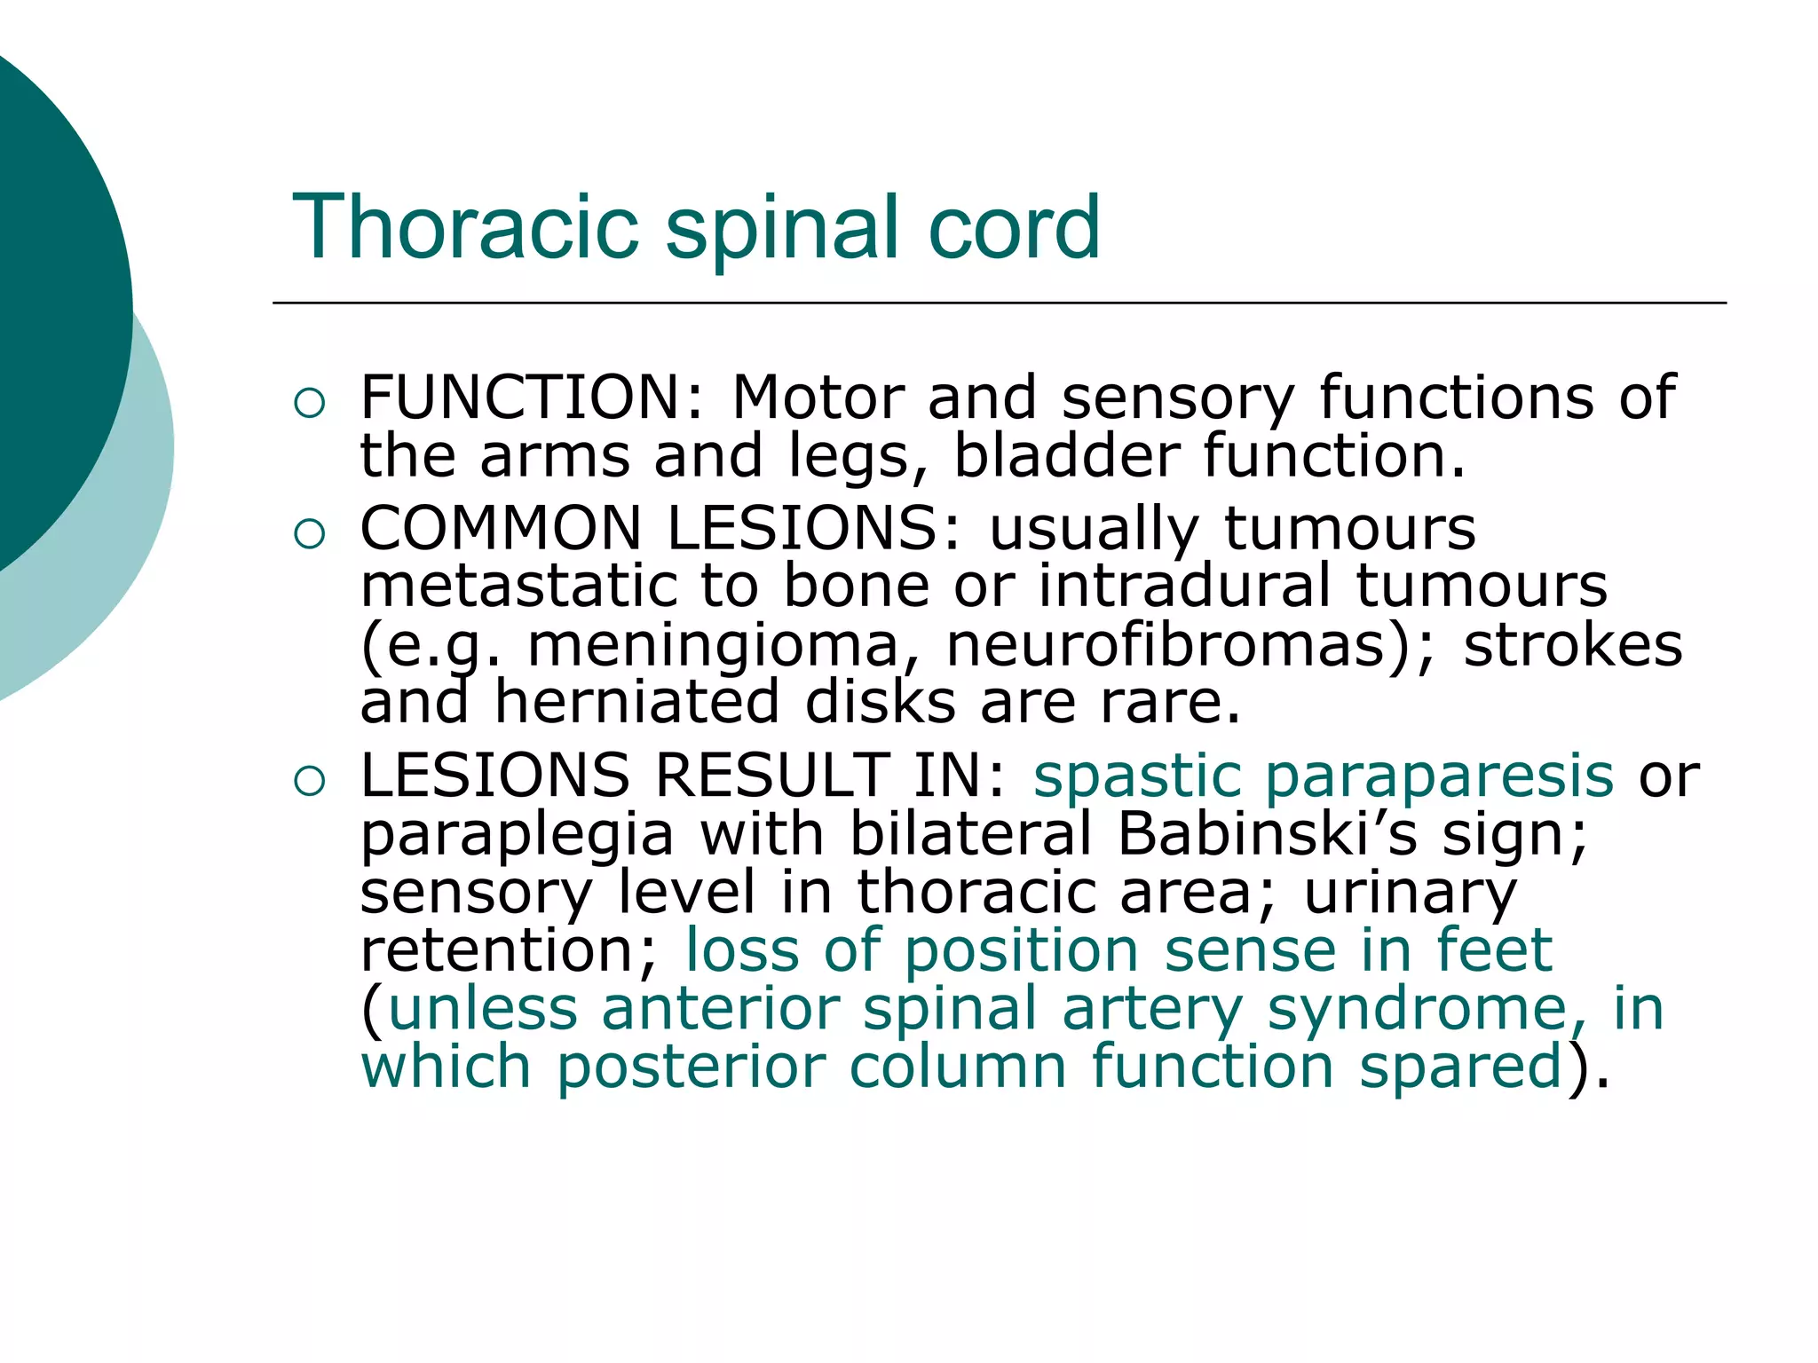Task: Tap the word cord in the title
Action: (x=1013, y=228)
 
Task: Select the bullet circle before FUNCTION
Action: (x=309, y=404)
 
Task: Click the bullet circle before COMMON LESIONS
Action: (x=309, y=534)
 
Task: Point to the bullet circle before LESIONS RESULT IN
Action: (x=309, y=782)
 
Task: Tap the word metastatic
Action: (x=516, y=586)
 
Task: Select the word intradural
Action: (x=1185, y=586)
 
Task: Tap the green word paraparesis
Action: (x=1438, y=776)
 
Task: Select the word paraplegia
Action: (x=517, y=836)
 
